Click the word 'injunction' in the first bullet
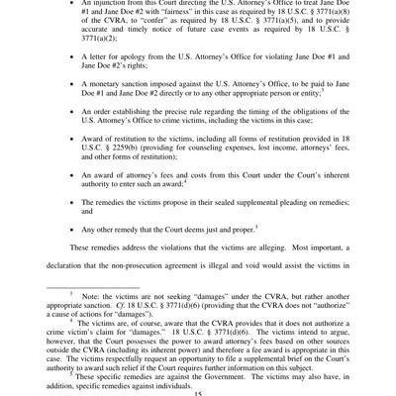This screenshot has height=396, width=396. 109,5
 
